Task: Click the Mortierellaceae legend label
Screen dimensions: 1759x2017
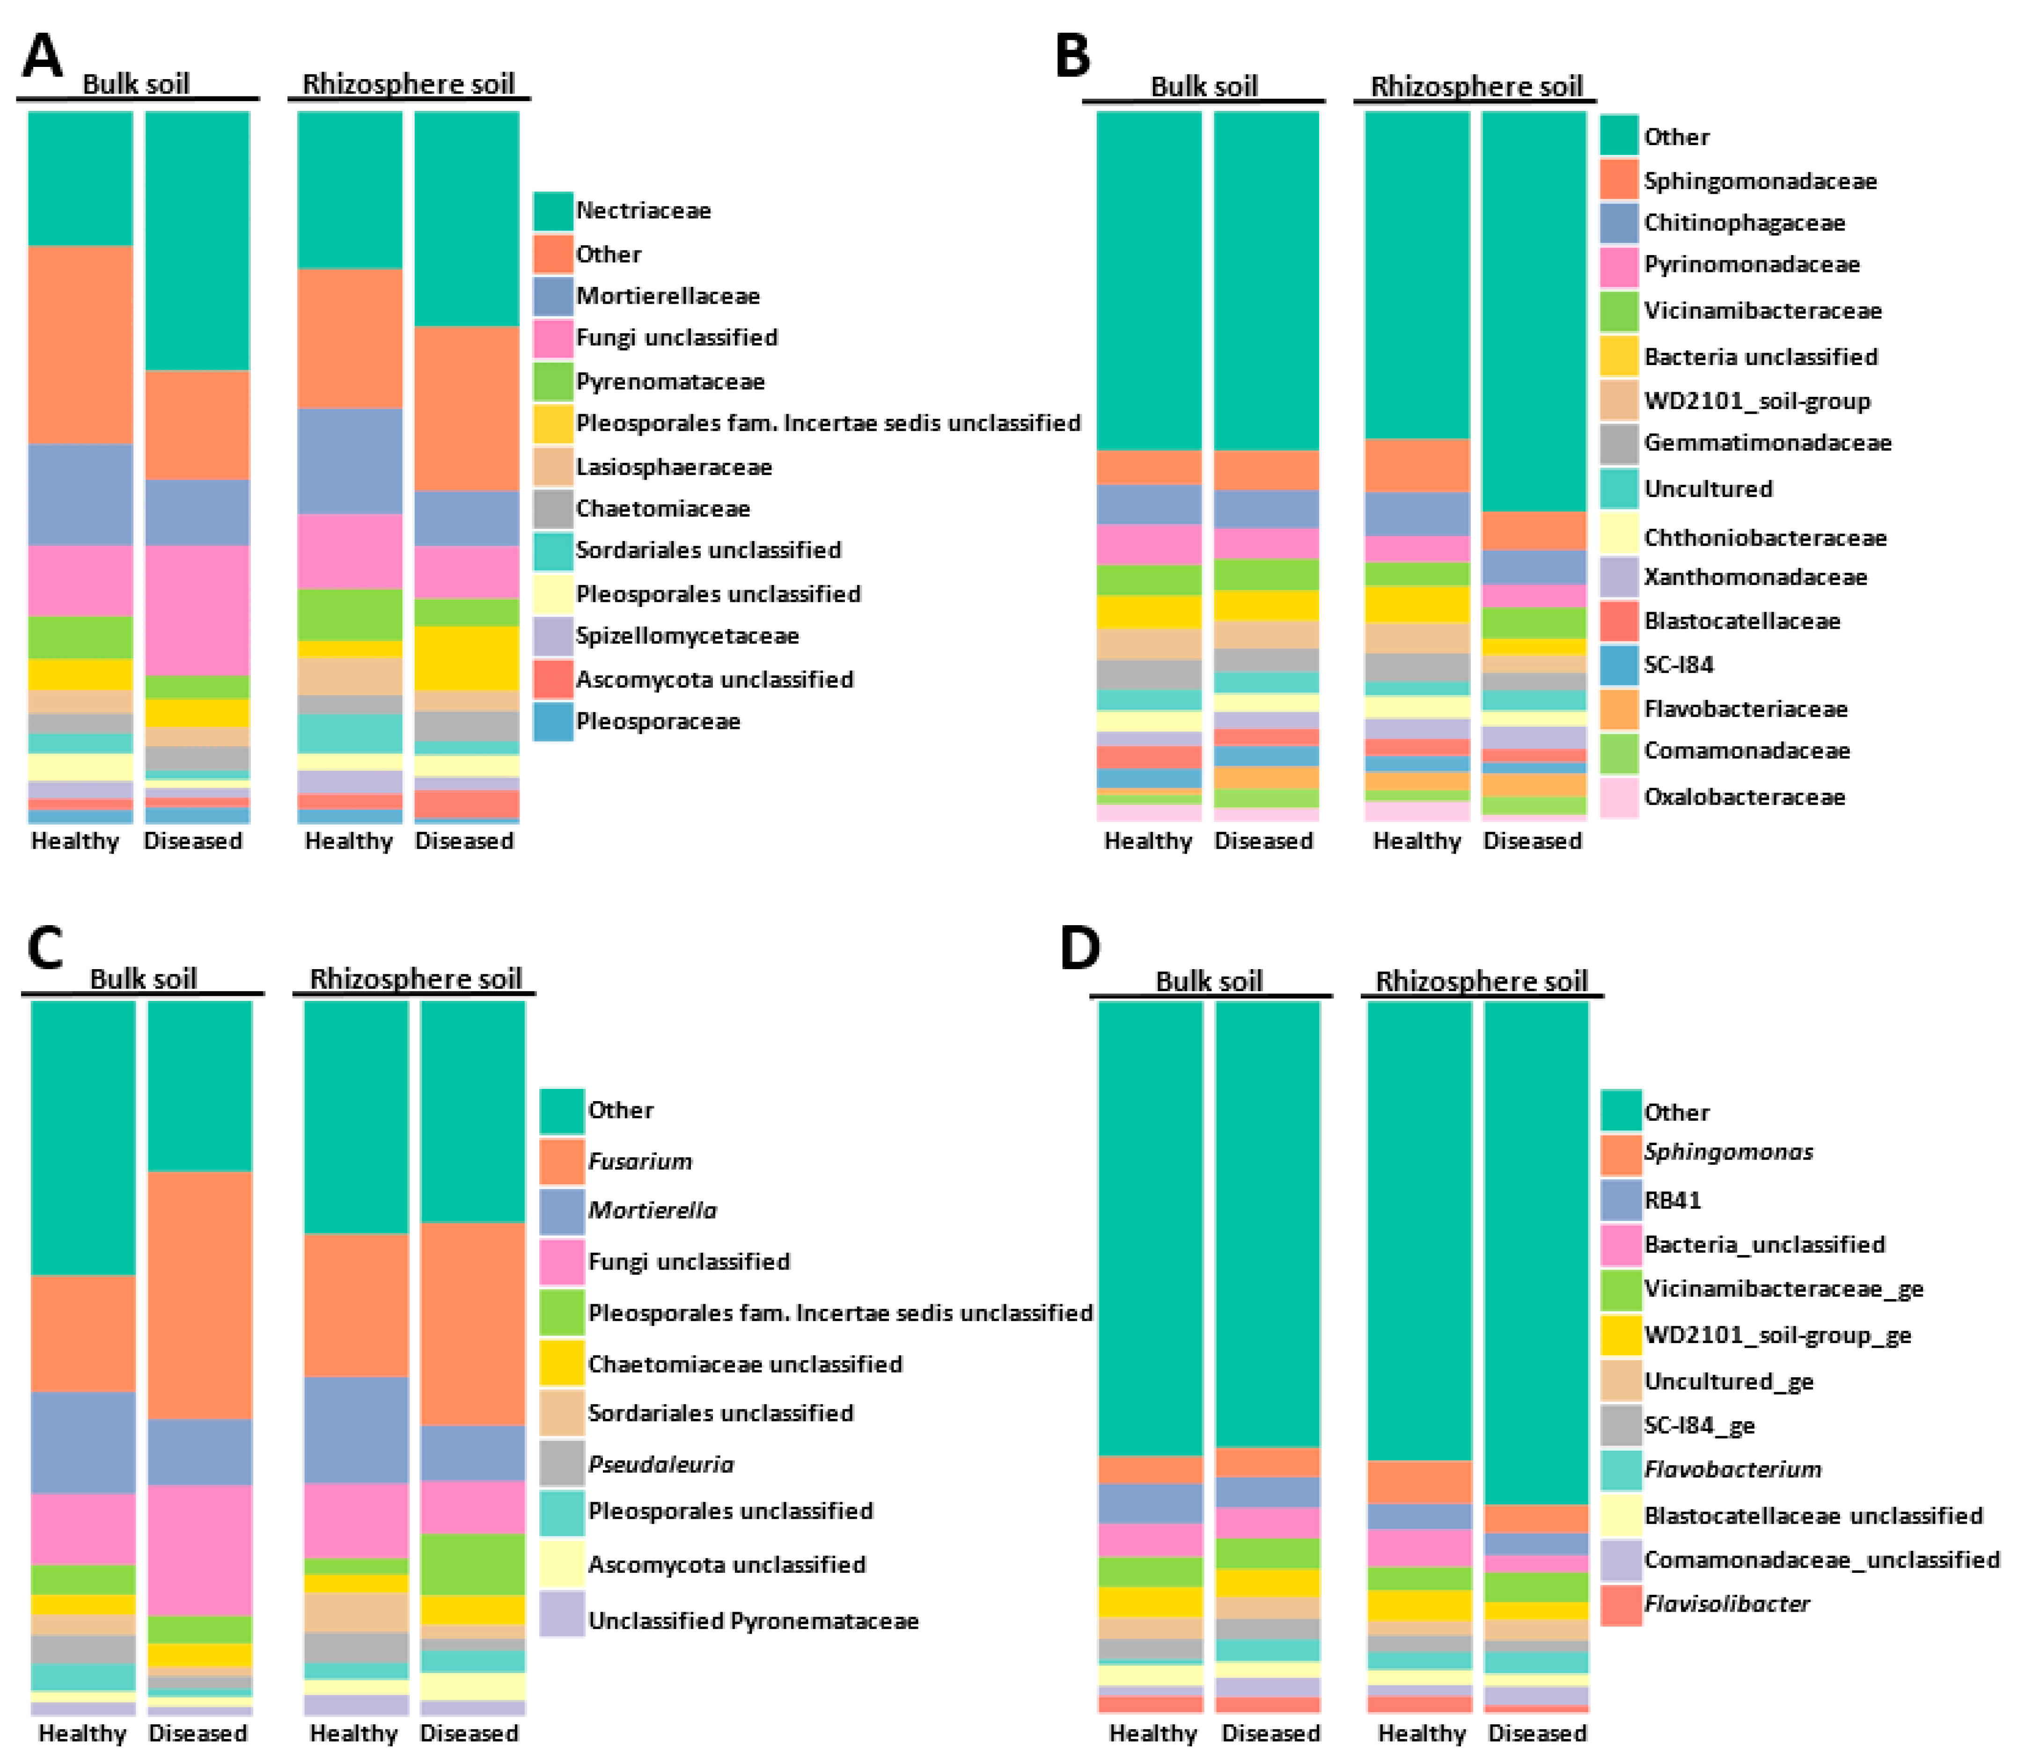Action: [668, 295]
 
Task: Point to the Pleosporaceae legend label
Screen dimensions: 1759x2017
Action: [658, 722]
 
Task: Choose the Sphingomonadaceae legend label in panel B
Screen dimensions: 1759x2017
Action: [1760, 181]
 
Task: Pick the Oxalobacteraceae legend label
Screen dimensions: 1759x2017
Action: [1744, 797]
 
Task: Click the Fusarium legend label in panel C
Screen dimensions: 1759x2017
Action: [639, 1161]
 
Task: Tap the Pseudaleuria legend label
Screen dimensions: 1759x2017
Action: [661, 1465]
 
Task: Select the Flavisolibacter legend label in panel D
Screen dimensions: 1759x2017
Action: [1726, 1604]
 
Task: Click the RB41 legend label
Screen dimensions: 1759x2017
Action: [1672, 1199]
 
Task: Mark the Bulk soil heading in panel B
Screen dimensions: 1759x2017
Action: [1204, 87]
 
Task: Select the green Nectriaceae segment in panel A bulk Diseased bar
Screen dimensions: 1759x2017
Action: [198, 241]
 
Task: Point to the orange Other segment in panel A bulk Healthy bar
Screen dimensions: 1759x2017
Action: [81, 343]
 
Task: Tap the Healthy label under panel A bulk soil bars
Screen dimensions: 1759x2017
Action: [74, 841]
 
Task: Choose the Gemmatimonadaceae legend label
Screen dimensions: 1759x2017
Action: [1768, 443]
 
